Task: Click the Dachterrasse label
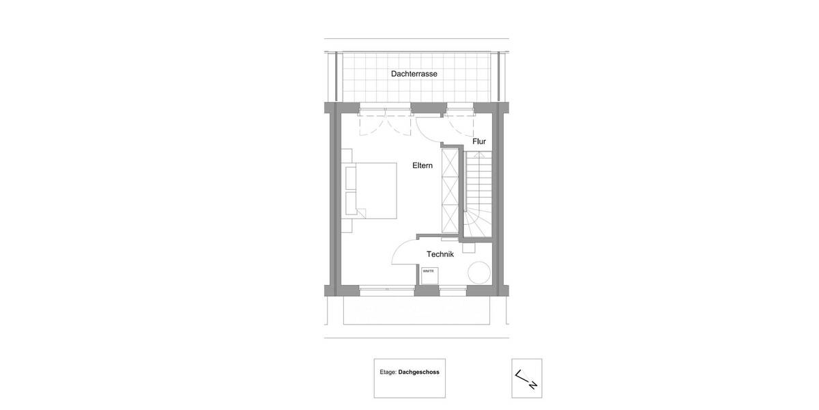coord(414,74)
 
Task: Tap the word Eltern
coord(422,165)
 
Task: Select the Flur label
coord(478,141)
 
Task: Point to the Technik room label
coord(440,254)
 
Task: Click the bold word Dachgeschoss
coord(418,373)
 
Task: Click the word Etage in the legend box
coord(388,373)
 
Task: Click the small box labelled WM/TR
coord(429,273)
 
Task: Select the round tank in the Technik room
coord(479,273)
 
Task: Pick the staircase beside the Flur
coord(477,195)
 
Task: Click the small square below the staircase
coord(470,247)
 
